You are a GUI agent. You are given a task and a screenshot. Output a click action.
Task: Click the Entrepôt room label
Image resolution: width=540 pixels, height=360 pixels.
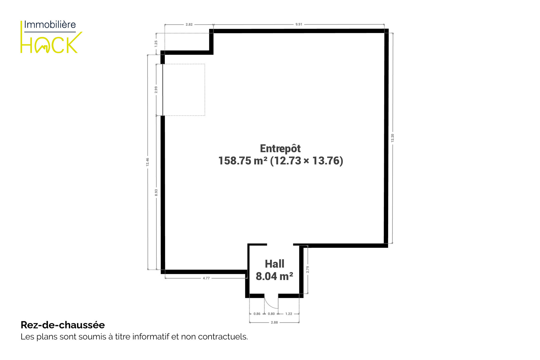pos(280,148)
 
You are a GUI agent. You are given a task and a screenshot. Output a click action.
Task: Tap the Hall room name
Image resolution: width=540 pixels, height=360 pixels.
pos(274,264)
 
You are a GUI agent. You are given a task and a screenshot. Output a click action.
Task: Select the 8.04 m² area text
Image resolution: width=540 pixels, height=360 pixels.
pos(274,276)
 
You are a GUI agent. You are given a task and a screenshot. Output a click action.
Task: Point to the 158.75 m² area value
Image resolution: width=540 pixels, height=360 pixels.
pos(243,161)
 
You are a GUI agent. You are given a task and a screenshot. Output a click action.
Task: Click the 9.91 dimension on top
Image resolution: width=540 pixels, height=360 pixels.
pos(299,24)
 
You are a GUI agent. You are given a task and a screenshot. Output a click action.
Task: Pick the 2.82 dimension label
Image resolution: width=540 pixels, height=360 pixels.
pos(189,25)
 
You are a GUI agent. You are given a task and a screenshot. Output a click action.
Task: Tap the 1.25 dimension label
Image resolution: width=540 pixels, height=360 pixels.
pos(156,43)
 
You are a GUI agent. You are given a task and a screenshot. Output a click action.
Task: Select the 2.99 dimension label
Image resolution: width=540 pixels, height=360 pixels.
pos(156,90)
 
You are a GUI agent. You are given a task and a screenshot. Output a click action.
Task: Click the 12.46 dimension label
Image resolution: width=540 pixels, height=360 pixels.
pos(148,162)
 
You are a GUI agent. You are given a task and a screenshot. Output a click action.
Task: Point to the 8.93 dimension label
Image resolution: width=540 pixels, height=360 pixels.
pos(156,192)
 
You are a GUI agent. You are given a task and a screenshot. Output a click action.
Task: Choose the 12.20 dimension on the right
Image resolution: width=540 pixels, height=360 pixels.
pos(393,138)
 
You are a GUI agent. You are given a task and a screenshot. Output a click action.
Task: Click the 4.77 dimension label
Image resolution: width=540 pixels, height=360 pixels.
pos(206,278)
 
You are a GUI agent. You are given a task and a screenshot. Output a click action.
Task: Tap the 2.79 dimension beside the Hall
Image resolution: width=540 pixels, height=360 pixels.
pos(308,269)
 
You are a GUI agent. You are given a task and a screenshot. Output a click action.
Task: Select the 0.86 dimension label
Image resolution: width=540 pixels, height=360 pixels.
pos(257,314)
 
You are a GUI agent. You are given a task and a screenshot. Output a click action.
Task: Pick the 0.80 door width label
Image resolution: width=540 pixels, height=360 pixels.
pos(271,314)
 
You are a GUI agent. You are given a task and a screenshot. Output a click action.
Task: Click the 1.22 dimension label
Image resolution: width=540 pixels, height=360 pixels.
pos(289,314)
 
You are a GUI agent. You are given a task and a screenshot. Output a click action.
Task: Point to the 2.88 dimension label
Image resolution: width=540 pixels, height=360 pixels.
pos(274,322)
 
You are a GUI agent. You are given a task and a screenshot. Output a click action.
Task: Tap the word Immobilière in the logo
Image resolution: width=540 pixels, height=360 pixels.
pos(50,25)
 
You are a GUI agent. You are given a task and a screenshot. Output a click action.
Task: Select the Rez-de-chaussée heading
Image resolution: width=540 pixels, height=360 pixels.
pos(63,325)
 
